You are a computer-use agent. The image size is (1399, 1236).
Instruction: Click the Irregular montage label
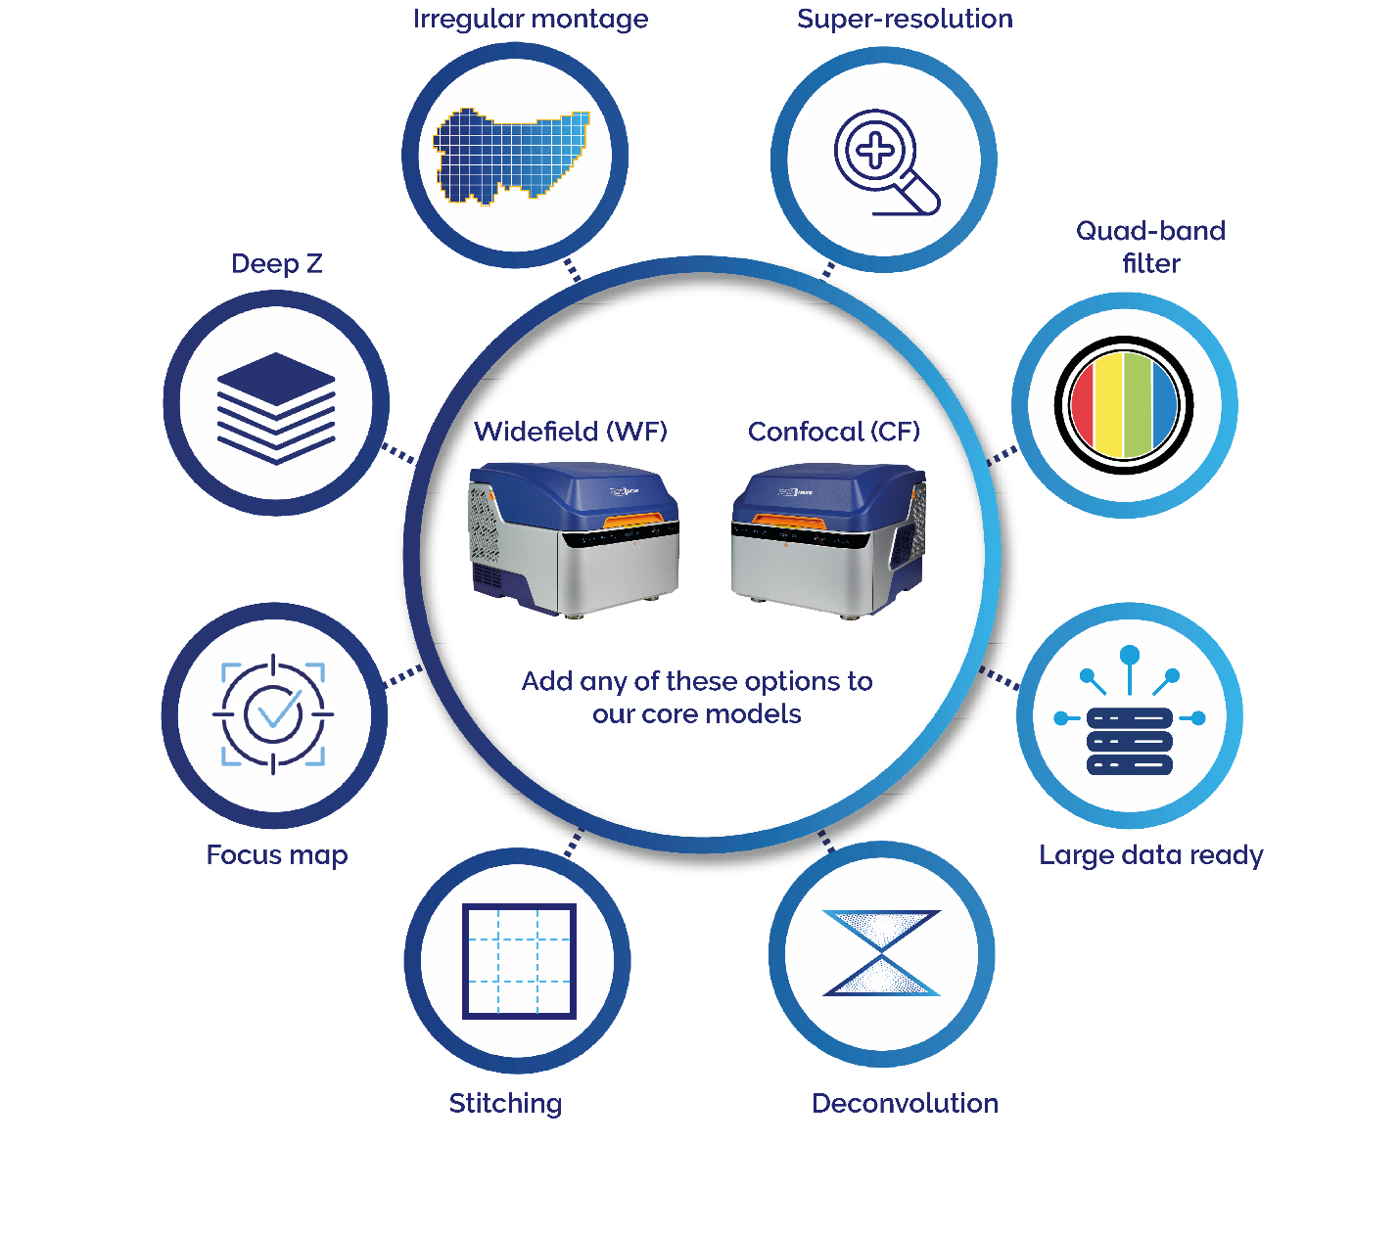pyautogui.click(x=530, y=20)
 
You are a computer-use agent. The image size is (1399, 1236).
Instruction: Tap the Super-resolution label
pyautogui.click(x=905, y=19)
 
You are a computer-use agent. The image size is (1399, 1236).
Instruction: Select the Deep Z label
pyautogui.click(x=276, y=263)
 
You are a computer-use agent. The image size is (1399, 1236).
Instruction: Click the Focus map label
pyautogui.click(x=277, y=855)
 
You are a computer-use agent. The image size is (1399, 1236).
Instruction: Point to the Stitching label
pyautogui.click(x=505, y=1104)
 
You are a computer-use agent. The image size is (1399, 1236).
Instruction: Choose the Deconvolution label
pyautogui.click(x=905, y=1103)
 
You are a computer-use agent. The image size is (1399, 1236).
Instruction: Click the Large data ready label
pyautogui.click(x=1151, y=855)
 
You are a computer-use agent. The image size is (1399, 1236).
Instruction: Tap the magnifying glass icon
pyautogui.click(x=887, y=162)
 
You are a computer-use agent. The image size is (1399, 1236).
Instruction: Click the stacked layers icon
pyautogui.click(x=276, y=408)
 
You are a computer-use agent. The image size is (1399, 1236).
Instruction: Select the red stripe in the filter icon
pyautogui.click(x=1083, y=405)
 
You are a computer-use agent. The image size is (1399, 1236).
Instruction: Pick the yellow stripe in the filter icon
pyautogui.click(x=1108, y=405)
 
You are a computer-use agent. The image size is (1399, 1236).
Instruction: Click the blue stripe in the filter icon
pyautogui.click(x=1164, y=405)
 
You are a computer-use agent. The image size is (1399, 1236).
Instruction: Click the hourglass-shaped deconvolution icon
pyautogui.click(x=882, y=953)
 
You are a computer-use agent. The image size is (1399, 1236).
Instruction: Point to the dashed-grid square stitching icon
pyautogui.click(x=519, y=960)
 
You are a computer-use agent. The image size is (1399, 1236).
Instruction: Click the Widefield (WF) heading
pyautogui.click(x=571, y=432)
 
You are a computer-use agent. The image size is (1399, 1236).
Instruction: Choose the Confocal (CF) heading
pyautogui.click(x=833, y=432)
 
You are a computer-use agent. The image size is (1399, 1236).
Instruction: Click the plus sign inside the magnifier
pyautogui.click(x=875, y=150)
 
